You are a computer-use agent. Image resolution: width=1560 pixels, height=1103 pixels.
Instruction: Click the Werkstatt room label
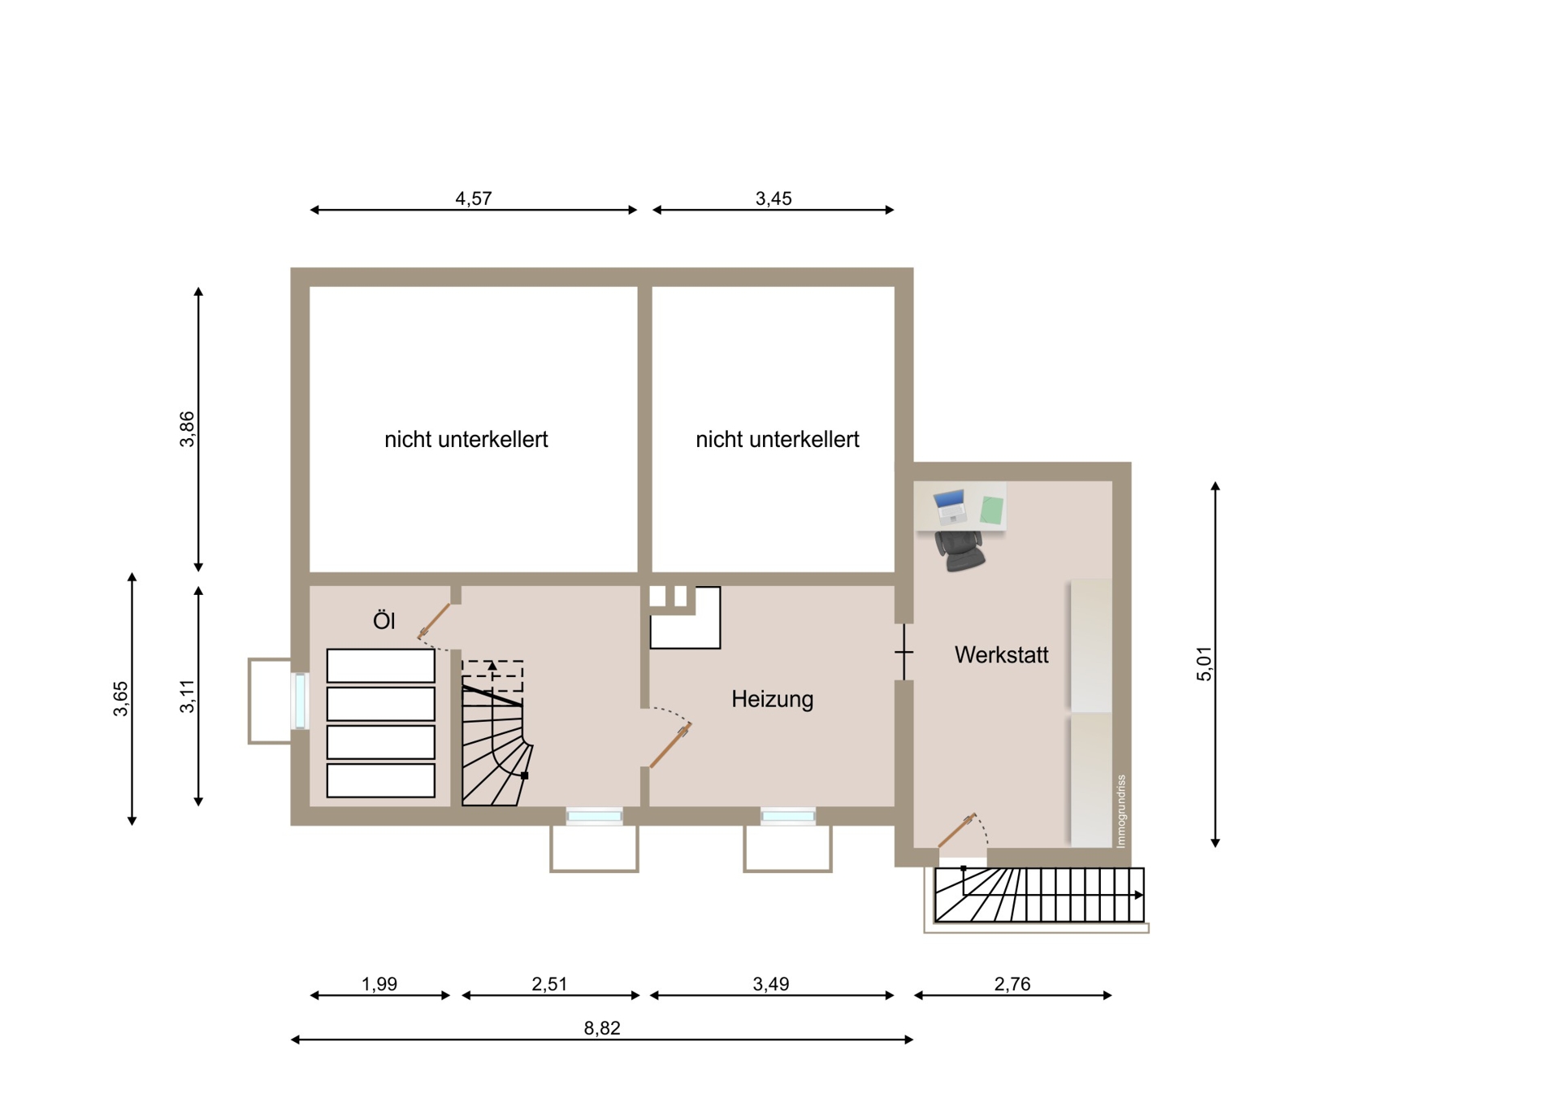coord(1001,655)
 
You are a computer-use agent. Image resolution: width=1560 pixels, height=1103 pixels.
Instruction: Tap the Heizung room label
coord(772,699)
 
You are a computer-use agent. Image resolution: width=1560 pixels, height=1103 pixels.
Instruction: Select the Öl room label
coord(383,620)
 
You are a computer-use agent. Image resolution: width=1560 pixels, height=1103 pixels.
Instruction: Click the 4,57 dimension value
coord(473,198)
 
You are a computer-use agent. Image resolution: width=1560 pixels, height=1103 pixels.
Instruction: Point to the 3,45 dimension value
coord(773,198)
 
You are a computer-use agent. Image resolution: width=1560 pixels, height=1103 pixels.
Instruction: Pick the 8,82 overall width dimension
coord(601,1028)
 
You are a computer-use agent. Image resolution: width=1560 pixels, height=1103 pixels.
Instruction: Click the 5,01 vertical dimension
coord(1203,664)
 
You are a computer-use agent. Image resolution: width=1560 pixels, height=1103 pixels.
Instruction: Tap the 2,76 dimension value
coord(1012,984)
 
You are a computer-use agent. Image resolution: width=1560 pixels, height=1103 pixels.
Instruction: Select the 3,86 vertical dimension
coord(187,429)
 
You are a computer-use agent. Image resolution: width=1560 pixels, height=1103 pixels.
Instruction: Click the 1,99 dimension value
coord(379,984)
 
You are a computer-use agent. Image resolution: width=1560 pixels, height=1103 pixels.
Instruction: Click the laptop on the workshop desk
coord(950,506)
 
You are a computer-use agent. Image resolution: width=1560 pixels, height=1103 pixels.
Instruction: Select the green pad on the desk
coord(991,510)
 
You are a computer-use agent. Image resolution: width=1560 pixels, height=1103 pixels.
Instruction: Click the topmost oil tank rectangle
coord(380,666)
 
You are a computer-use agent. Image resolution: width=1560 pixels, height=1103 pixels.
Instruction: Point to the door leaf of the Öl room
coord(434,621)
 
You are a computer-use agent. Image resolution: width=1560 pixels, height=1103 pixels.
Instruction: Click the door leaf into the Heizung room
coord(670,745)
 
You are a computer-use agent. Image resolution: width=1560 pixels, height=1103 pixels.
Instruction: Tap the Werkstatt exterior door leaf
coord(956,830)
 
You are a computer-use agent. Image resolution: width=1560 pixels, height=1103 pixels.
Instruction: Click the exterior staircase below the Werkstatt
coord(1039,895)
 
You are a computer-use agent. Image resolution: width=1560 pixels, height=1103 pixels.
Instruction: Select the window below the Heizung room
coord(787,816)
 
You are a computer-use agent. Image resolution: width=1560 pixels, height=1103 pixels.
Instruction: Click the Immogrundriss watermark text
coord(1121,811)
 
